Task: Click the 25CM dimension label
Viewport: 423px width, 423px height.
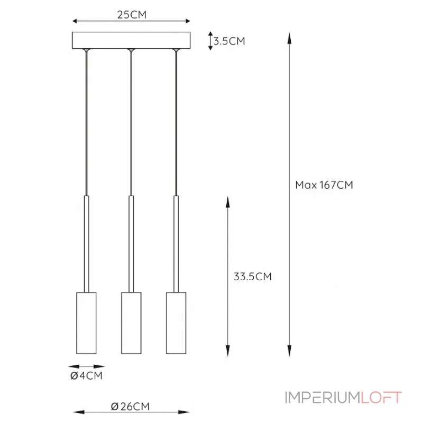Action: tap(132, 15)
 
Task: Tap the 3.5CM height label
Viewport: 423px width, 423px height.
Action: tap(229, 41)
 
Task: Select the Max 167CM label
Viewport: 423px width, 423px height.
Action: tap(324, 185)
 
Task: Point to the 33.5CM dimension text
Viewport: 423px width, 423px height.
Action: tap(253, 277)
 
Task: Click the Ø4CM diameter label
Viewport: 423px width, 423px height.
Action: tap(86, 375)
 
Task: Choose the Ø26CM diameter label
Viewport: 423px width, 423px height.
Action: tap(130, 406)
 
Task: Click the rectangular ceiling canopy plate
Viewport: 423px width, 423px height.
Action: tap(131, 40)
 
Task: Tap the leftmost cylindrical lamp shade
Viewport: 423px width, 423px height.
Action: tap(86, 323)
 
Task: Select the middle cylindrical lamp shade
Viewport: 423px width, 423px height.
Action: tap(131, 323)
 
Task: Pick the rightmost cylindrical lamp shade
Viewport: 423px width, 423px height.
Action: tap(176, 323)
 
